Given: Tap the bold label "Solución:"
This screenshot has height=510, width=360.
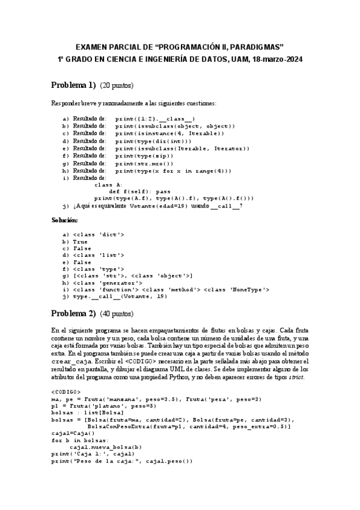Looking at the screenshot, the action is click(x=65, y=221).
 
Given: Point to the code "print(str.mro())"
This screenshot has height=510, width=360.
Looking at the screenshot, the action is click(x=144, y=163).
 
